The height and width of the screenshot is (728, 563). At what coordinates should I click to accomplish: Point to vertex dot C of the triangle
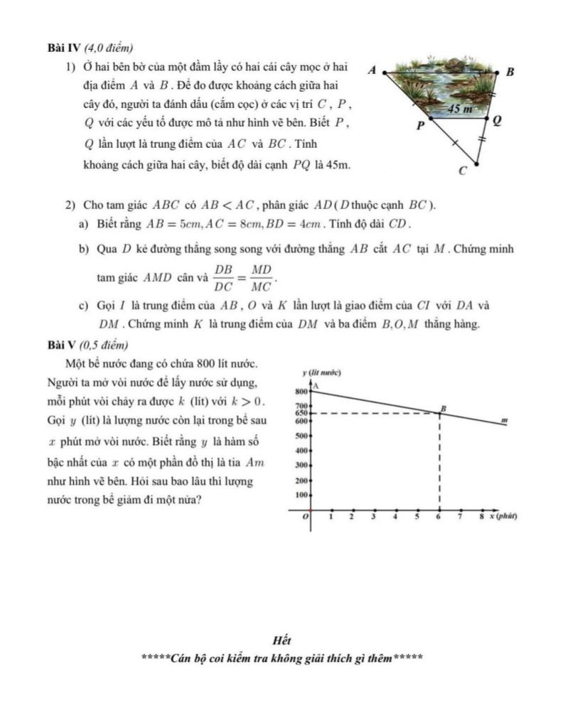click(x=475, y=165)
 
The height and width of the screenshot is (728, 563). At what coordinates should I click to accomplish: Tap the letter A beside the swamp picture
click(x=372, y=70)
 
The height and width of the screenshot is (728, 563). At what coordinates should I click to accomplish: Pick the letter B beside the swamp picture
click(x=510, y=73)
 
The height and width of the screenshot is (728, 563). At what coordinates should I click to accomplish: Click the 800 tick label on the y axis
click(x=300, y=392)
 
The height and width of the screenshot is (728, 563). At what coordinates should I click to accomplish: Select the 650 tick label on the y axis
click(x=300, y=412)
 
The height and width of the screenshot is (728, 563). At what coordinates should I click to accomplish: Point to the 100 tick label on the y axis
click(x=300, y=494)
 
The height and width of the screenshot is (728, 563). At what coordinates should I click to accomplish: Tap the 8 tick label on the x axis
click(x=481, y=518)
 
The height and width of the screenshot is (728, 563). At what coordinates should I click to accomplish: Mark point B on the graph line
click(x=440, y=413)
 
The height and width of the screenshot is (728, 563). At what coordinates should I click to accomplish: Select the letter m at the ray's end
click(x=503, y=420)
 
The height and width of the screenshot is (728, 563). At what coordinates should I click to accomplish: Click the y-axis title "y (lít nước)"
click(x=322, y=373)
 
